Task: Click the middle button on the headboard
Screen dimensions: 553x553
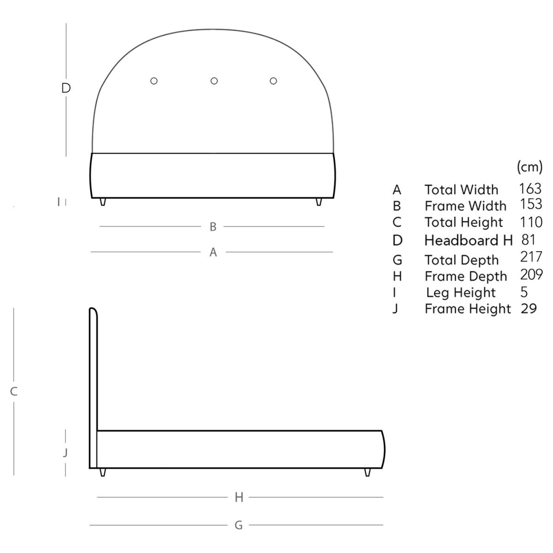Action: tap(214, 81)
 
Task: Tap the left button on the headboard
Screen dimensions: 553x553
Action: tap(154, 81)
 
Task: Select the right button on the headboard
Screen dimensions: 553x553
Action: tap(273, 81)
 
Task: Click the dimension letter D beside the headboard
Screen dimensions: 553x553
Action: tap(66, 88)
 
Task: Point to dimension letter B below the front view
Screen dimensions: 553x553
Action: tap(212, 227)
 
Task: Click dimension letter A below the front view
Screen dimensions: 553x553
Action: tap(213, 252)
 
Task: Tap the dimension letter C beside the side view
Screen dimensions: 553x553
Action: tap(14, 391)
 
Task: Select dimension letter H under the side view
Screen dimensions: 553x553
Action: tap(239, 497)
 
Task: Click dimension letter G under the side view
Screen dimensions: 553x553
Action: tap(238, 525)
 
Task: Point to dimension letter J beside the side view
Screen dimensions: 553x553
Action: tap(65, 453)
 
